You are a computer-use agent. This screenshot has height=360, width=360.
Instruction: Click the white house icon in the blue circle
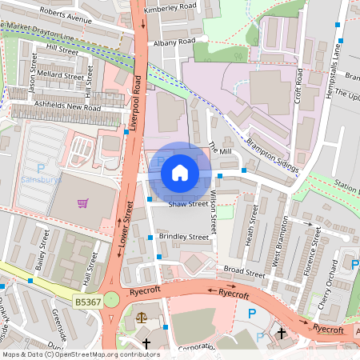180,172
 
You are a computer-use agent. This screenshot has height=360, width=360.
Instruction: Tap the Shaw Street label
188,204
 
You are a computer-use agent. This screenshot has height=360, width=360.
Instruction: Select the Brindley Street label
183,237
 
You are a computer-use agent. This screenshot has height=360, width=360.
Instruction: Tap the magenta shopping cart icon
82,202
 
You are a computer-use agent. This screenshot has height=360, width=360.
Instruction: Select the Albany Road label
176,41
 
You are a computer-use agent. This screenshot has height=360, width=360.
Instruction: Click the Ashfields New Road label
67,106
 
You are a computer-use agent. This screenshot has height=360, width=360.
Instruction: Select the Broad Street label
244,273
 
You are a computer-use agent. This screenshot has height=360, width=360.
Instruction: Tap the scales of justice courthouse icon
142,317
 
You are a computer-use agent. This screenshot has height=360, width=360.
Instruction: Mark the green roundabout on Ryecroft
111,299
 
